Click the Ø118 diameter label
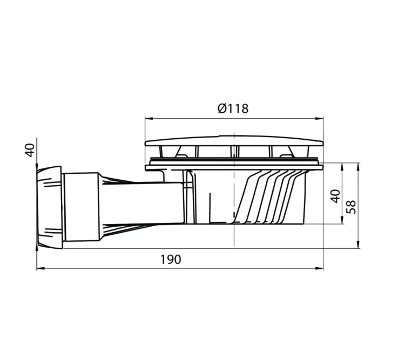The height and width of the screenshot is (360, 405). point(233,108)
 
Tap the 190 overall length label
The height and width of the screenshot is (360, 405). point(171,260)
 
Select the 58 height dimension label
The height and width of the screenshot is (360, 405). point(352,207)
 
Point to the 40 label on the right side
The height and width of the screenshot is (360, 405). point(335,196)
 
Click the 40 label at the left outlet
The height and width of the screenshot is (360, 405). point(30,150)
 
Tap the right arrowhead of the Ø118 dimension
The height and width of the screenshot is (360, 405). point(320,119)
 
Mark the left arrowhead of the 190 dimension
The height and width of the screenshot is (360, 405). point(40,269)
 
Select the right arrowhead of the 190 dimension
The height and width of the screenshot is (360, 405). point(320,269)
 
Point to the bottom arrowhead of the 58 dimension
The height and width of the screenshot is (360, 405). point(357,244)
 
